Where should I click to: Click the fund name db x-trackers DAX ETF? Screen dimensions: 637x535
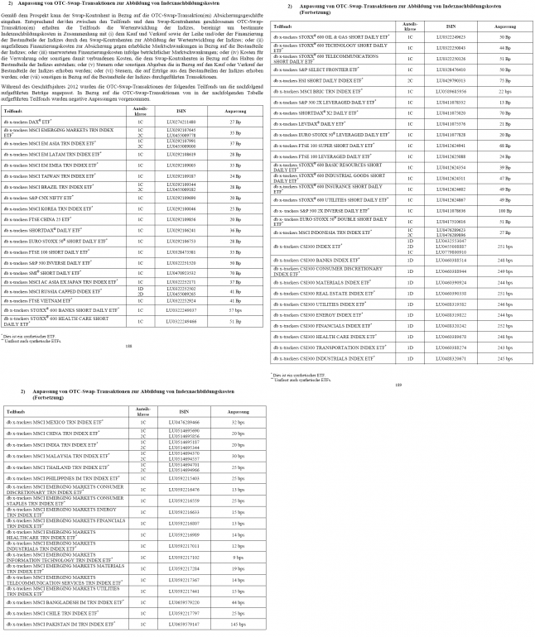click(x=34, y=121)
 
